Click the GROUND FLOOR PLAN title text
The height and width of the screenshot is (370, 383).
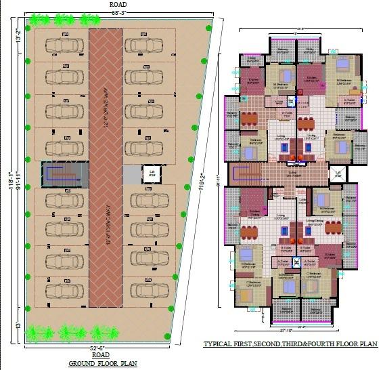pos(102,363)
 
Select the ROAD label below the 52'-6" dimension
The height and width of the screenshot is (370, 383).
pos(101,355)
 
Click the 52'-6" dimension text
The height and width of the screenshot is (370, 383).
pos(101,348)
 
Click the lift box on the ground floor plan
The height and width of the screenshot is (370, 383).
pos(150,174)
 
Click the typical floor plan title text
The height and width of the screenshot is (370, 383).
pos(290,344)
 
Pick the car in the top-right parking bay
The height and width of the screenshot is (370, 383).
pos(143,45)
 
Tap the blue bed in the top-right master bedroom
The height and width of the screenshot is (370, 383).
pos(342,66)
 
